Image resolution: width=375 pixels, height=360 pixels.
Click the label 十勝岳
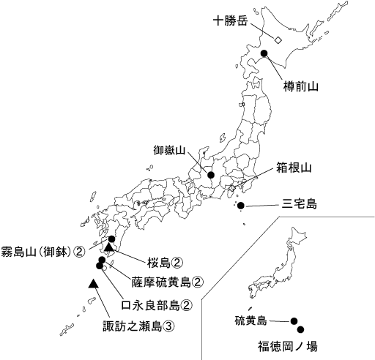tap(230, 20)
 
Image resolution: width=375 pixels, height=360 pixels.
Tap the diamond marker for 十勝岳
tap(278, 40)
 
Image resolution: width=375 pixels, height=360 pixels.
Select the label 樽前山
tap(301, 86)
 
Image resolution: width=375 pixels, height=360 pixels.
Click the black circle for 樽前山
tap(267, 54)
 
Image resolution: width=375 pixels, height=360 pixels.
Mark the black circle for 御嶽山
tap(211, 175)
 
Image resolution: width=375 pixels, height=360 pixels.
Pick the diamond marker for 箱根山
tap(232, 188)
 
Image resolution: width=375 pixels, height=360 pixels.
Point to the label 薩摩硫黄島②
tap(167, 280)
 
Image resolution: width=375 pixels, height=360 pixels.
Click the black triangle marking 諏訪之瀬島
tap(93, 282)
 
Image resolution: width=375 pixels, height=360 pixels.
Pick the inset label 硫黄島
tap(250, 320)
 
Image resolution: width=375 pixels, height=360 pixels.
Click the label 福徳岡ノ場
tap(287, 343)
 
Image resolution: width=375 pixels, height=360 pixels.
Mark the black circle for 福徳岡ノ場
tap(300, 329)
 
